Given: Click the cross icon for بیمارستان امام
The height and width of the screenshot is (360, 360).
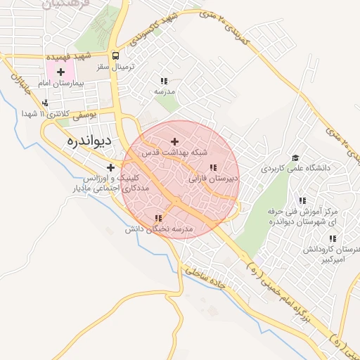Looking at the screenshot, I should click(x=60, y=72).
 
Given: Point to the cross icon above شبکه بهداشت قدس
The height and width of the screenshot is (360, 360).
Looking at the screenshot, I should click(x=175, y=141).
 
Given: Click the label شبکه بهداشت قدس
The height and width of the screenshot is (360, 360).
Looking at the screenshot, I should click(x=176, y=152).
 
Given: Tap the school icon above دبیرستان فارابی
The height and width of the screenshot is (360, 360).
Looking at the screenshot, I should click(x=212, y=167).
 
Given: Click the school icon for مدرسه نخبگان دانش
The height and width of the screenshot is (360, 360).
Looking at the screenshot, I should click(x=158, y=219).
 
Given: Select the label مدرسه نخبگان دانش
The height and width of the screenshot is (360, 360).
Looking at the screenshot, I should click(x=159, y=229).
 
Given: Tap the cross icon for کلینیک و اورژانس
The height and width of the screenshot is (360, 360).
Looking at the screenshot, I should click(x=110, y=167).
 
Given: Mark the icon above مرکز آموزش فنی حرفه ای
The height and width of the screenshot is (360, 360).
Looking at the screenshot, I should click(x=302, y=200).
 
